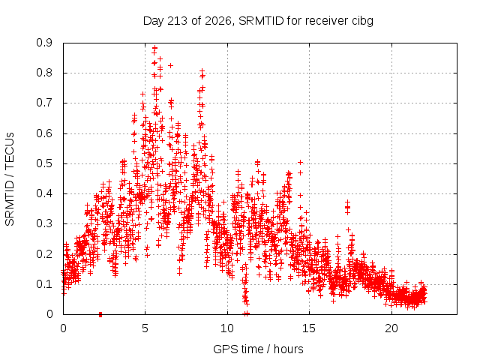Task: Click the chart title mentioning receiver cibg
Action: tap(258, 21)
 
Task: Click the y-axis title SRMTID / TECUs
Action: tap(10, 179)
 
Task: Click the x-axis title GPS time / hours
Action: tap(258, 349)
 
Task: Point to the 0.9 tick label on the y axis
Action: tap(44, 43)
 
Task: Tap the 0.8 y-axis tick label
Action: tap(44, 73)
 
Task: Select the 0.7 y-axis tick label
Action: tap(44, 103)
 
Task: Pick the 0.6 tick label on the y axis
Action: tap(44, 133)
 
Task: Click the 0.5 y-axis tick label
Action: tap(44, 163)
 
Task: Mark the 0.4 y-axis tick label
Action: tap(44, 193)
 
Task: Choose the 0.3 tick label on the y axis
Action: tap(44, 223)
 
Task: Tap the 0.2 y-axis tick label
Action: tap(44, 253)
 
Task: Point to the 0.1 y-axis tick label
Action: tap(44, 284)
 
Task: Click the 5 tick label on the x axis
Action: tap(145, 328)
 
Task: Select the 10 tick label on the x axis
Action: tap(227, 328)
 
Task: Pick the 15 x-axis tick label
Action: tap(309, 328)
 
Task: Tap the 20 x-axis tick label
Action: tap(391, 328)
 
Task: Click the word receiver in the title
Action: tap(327, 21)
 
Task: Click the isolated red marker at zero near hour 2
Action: tap(100, 314)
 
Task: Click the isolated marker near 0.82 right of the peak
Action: tap(170, 65)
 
